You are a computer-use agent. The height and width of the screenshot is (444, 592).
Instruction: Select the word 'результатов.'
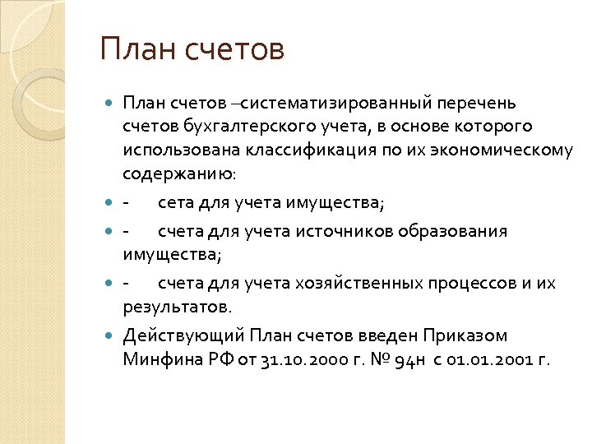click(x=178, y=307)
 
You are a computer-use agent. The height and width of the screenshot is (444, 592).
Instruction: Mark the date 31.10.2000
click(x=298, y=360)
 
